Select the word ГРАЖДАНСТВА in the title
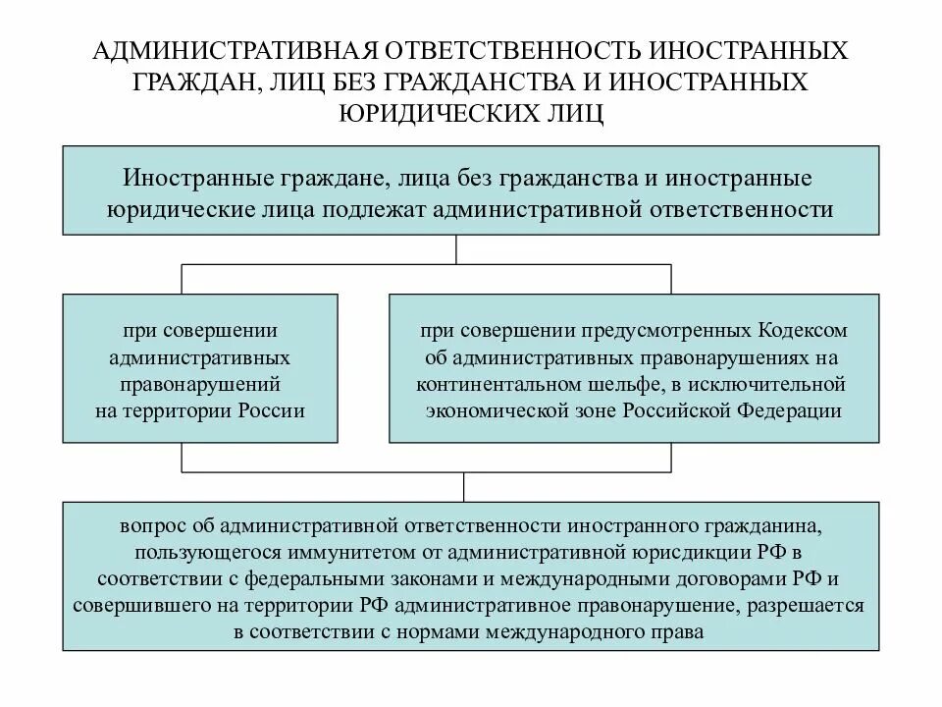click(496, 82)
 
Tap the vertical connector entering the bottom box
click(464, 489)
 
